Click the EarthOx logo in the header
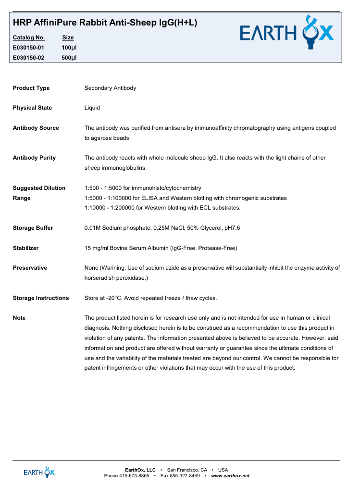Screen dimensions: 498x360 [286, 33]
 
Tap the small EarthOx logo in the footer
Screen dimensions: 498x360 [39, 473]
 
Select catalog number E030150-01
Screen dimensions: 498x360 [28, 48]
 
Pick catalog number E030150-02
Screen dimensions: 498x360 [28, 58]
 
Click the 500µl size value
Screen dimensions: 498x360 [69, 58]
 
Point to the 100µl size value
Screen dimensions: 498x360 [69, 48]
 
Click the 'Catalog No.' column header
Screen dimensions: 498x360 [29, 37]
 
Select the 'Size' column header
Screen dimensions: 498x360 [68, 37]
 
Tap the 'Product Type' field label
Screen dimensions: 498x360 [31, 88]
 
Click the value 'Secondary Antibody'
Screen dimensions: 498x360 [110, 88]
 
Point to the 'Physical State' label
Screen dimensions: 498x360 [32, 108]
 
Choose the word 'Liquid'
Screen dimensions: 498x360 [92, 108]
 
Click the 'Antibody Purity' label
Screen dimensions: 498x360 [34, 158]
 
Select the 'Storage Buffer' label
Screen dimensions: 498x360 [33, 228]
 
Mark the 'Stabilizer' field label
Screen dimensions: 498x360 [25, 248]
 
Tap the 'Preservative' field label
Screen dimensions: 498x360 [30, 268]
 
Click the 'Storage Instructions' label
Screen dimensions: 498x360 [41, 298]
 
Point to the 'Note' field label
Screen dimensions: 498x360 [19, 318]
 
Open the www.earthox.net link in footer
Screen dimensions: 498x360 [230, 476]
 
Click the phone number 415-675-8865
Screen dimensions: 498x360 [135, 476]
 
